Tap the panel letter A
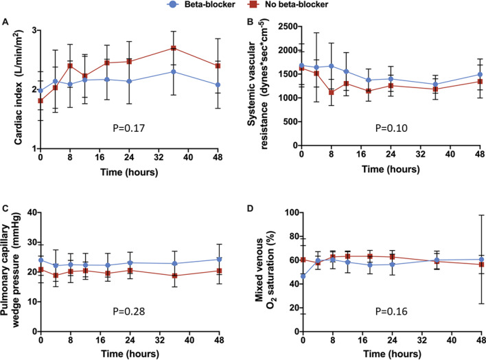click(5, 23)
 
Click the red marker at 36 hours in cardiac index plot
click(174, 48)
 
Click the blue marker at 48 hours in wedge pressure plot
click(218, 260)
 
